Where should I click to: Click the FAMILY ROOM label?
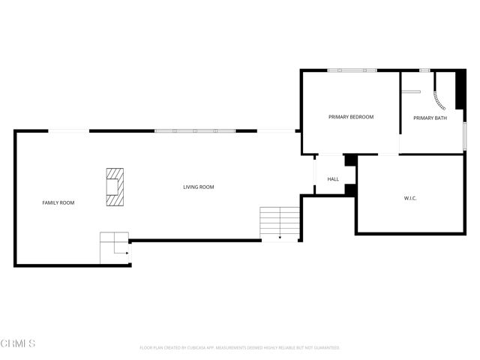[58, 202]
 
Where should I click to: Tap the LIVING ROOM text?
[199, 187]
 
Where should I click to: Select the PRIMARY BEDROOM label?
[351, 117]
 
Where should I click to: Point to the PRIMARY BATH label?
[430, 118]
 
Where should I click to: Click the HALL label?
[333, 179]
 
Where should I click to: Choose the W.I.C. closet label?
[410, 198]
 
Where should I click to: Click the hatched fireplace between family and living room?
[115, 187]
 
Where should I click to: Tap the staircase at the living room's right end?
[279, 223]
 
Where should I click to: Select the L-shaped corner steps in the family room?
[114, 247]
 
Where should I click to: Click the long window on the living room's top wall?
[195, 131]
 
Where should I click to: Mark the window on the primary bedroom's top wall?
[352, 70]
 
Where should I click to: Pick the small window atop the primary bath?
[424, 70]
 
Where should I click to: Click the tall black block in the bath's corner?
[460, 88]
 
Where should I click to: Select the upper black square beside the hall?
[350, 160]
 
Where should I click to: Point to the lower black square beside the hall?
[350, 189]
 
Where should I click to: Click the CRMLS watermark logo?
[18, 343]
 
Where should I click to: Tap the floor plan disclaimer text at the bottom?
[240, 348]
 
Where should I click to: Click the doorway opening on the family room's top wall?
[69, 131]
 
